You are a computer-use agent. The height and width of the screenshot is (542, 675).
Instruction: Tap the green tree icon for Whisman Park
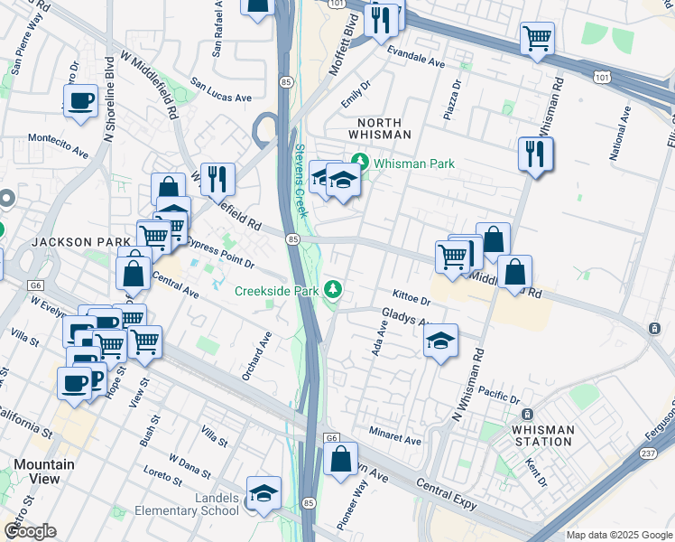click(x=361, y=164)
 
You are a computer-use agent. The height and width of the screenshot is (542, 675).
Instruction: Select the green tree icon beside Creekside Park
click(x=334, y=290)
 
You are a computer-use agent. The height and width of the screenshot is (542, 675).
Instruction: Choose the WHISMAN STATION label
click(x=541, y=435)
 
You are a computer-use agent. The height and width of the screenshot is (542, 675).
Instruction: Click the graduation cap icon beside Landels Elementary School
click(x=264, y=493)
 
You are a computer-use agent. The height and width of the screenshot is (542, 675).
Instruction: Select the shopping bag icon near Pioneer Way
click(x=341, y=459)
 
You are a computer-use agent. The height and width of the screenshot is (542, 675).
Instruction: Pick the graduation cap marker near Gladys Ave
click(x=440, y=341)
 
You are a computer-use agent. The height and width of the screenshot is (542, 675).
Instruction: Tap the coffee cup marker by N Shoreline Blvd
click(x=80, y=100)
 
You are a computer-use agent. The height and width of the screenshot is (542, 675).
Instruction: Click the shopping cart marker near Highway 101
click(x=537, y=38)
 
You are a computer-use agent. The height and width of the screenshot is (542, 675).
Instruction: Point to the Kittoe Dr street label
click(x=413, y=294)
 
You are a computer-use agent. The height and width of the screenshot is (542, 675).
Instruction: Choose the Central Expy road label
click(x=447, y=495)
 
